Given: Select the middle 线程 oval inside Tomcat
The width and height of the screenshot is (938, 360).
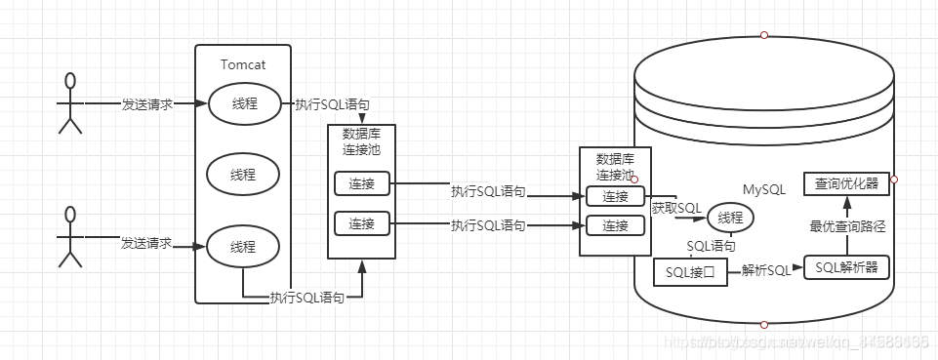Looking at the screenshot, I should (x=243, y=176).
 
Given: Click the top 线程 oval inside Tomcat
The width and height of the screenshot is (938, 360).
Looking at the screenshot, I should (x=243, y=104).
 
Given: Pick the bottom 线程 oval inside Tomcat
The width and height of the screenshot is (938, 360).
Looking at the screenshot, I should (x=243, y=245).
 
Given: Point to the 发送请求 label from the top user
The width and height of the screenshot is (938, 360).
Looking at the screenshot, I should (x=147, y=103).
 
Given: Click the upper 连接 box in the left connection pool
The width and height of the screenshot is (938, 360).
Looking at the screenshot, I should (x=361, y=182).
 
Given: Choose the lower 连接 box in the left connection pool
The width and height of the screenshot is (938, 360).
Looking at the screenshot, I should (x=361, y=223).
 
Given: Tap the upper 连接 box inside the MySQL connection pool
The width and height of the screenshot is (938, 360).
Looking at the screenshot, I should (x=615, y=196).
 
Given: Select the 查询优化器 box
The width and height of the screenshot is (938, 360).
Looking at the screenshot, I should (x=846, y=182).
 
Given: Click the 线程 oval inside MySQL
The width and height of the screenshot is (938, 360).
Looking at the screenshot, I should (x=731, y=217).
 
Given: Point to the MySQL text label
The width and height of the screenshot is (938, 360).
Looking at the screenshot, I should (x=765, y=188).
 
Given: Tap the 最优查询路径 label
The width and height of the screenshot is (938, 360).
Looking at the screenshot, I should (x=847, y=225).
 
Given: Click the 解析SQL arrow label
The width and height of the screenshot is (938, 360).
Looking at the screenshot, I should (x=766, y=270).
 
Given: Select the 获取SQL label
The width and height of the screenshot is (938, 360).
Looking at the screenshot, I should (x=676, y=207).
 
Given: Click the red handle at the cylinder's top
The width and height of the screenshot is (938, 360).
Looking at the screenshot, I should (x=764, y=35).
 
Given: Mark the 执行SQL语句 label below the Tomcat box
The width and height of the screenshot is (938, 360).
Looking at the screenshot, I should (x=307, y=298).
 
